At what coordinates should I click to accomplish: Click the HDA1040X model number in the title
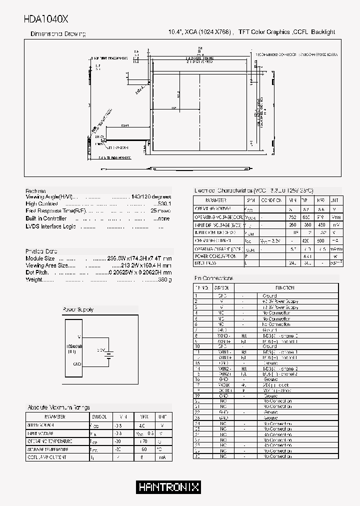(x=46, y=19)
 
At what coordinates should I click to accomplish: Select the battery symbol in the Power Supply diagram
(x=109, y=354)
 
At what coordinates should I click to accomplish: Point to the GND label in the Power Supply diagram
(x=76, y=363)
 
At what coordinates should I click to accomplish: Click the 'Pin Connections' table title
(x=213, y=278)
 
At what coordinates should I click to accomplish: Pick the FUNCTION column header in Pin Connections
(x=284, y=288)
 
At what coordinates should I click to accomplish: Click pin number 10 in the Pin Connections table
(x=197, y=346)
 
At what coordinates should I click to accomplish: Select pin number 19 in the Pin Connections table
(x=197, y=395)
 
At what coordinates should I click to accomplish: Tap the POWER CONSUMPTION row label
(x=215, y=256)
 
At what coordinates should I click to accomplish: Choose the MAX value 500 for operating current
(x=321, y=240)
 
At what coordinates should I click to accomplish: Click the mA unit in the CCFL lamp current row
(x=162, y=457)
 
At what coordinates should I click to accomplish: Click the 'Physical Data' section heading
(x=41, y=251)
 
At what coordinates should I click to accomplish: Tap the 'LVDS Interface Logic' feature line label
(x=50, y=226)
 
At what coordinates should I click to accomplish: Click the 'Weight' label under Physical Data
(x=34, y=279)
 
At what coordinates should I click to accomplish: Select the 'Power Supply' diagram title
(x=78, y=310)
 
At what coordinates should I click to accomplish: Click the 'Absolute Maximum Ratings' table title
(x=59, y=407)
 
